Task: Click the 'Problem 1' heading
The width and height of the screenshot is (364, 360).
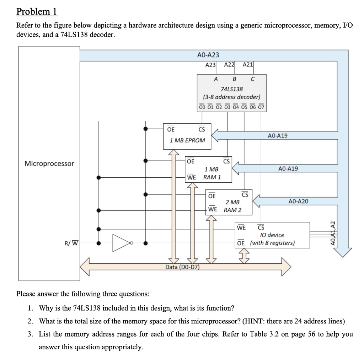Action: click(37, 12)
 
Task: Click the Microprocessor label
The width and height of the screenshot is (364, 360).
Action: click(49, 163)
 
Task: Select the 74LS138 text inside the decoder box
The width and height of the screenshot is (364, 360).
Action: click(232, 89)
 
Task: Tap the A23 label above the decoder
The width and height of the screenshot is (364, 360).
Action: click(210, 65)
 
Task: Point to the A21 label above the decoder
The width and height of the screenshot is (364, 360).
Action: click(248, 65)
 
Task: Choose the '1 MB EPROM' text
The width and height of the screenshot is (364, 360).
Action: click(187, 140)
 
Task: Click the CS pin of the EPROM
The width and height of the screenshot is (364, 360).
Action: click(202, 129)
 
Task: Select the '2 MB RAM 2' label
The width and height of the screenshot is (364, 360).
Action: click(232, 206)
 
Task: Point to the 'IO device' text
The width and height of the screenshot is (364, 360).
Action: click(272, 235)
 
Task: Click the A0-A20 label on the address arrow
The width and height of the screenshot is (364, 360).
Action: click(299, 202)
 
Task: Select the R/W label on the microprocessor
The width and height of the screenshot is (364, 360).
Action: click(71, 243)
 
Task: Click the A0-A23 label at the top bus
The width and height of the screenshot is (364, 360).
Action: click(208, 55)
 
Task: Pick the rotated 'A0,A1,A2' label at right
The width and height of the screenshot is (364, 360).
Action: click(333, 233)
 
